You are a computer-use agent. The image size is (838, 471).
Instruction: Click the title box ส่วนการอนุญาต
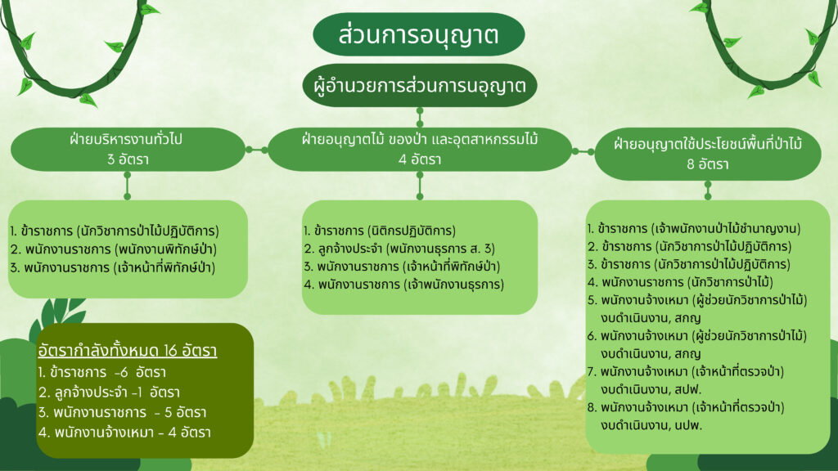(x=418, y=34)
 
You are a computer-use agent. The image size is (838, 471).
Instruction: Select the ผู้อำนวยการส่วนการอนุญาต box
(x=420, y=85)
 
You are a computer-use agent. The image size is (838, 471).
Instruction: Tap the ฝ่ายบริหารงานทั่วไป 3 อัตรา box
(x=128, y=149)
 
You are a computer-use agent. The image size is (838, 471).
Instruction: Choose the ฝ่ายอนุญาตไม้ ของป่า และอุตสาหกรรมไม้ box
(x=420, y=149)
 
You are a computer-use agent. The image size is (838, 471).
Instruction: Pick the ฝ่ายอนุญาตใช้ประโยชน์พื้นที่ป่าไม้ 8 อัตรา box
(x=708, y=154)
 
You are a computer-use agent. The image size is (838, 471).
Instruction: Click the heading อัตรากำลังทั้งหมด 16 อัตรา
(x=127, y=351)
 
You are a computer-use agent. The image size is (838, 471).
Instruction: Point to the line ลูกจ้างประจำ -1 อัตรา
(x=109, y=392)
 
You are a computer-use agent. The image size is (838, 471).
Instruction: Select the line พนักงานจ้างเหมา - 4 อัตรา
(x=124, y=432)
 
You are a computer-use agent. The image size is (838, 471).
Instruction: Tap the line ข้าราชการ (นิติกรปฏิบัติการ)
(x=380, y=231)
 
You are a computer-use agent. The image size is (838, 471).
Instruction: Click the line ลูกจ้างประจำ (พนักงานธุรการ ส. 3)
(x=399, y=249)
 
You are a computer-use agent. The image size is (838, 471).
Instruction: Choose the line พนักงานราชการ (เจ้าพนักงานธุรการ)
(x=403, y=285)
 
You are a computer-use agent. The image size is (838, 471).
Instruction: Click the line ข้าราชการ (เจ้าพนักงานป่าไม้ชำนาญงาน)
(x=694, y=229)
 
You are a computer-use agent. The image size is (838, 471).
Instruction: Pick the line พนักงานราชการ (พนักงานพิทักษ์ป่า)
(x=113, y=249)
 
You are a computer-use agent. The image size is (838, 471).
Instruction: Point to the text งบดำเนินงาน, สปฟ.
(x=651, y=389)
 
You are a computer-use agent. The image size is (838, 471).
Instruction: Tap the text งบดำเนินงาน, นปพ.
(x=651, y=425)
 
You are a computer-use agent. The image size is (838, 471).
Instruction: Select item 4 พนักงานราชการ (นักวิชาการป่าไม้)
(x=680, y=282)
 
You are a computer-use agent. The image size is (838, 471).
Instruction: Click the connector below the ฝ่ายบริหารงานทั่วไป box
(x=127, y=186)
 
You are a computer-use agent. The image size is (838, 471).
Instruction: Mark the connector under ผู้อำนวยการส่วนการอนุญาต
(x=420, y=117)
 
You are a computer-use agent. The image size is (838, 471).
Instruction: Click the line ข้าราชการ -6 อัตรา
(x=101, y=372)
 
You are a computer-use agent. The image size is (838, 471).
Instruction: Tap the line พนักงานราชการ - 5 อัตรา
(x=122, y=412)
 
